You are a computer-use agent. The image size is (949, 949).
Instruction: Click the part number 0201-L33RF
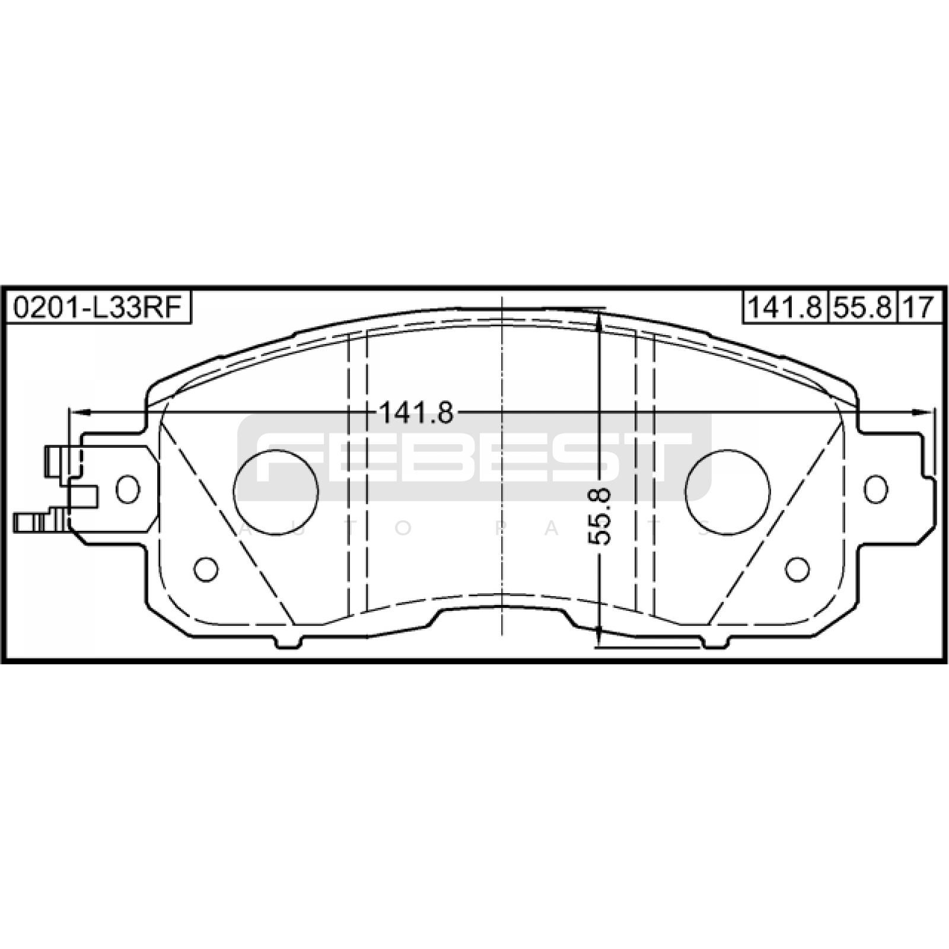[97, 308]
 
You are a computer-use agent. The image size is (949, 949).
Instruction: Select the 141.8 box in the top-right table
[784, 308]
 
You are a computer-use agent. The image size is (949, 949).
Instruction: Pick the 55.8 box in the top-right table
[862, 308]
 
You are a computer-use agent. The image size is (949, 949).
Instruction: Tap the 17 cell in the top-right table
[919, 308]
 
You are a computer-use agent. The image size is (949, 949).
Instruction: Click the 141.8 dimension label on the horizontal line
[416, 413]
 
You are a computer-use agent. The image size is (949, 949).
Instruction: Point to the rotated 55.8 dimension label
[600, 515]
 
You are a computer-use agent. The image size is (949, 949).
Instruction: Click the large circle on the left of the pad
[276, 492]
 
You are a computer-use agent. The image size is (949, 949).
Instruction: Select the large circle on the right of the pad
[727, 492]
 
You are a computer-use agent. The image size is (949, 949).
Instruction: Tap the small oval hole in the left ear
[128, 489]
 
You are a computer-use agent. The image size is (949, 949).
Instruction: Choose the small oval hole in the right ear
[876, 489]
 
